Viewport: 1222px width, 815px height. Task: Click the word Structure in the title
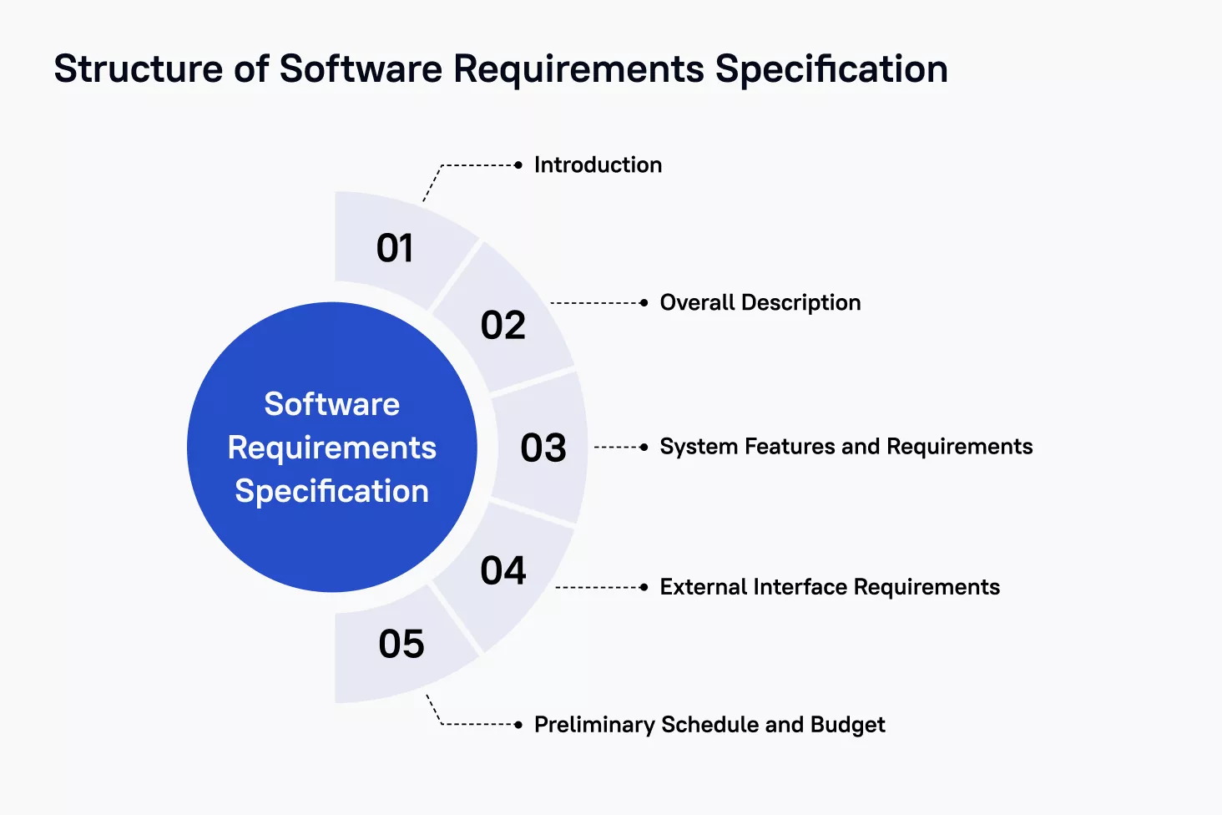139,69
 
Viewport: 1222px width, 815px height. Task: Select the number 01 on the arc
395,248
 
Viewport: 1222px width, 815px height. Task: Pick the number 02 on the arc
502,326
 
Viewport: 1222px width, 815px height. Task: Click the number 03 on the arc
543,448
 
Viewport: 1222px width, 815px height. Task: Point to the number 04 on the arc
503,571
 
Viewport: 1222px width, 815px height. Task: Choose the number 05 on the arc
401,644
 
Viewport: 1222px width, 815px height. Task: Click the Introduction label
598,165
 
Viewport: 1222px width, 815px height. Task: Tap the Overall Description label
760,303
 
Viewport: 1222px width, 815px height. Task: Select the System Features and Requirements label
846,447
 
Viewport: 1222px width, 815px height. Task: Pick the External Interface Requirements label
830,587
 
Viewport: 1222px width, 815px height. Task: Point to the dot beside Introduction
518,165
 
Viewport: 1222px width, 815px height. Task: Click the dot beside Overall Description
644,303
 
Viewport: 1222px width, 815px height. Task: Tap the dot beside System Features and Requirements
644,447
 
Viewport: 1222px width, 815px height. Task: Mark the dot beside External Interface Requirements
644,587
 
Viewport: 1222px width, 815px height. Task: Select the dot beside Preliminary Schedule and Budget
518,725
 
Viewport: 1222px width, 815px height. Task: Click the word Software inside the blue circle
331,404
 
